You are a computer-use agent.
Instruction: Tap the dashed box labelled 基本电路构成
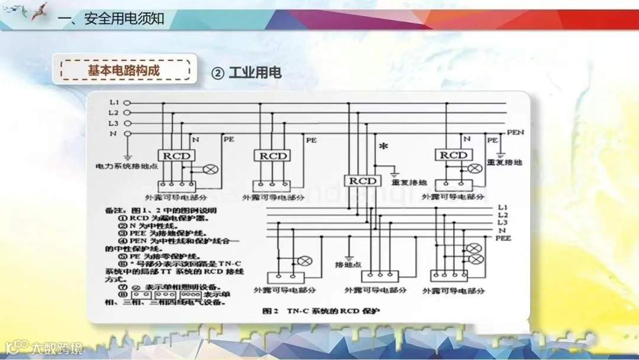tap(124, 70)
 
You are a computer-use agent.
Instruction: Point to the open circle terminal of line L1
tap(126, 102)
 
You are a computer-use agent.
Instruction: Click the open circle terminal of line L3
tap(126, 123)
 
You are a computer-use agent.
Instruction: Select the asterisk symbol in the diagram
tap(383, 146)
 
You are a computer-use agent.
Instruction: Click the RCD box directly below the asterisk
tap(362, 181)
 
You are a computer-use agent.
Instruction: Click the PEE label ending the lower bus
tap(503, 238)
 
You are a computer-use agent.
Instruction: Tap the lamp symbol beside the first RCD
tap(210, 169)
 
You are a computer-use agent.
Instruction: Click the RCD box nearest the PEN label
tap(454, 155)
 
